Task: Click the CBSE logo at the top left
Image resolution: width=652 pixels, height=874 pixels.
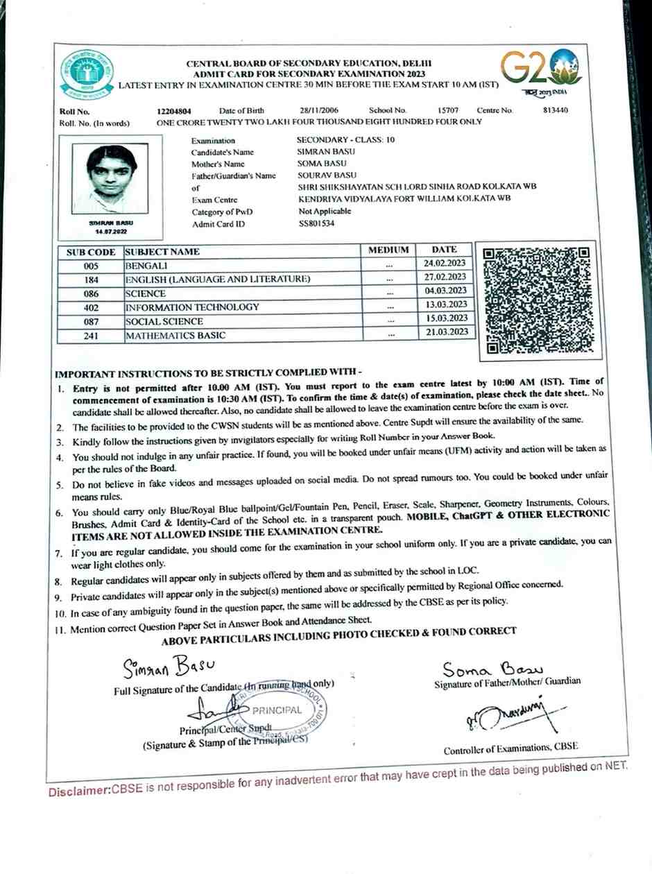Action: click(x=87, y=73)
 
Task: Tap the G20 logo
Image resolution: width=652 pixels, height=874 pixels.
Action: click(x=542, y=69)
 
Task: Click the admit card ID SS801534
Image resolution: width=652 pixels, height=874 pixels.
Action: click(x=316, y=225)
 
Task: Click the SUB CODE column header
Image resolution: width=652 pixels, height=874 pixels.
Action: click(x=91, y=252)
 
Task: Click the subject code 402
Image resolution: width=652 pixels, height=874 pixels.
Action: click(x=91, y=307)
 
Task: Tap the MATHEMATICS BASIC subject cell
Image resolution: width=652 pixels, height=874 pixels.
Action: click(x=175, y=336)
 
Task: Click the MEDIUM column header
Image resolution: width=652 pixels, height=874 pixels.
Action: click(x=388, y=250)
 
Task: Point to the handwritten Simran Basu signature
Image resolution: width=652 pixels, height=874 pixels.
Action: click(x=164, y=667)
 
